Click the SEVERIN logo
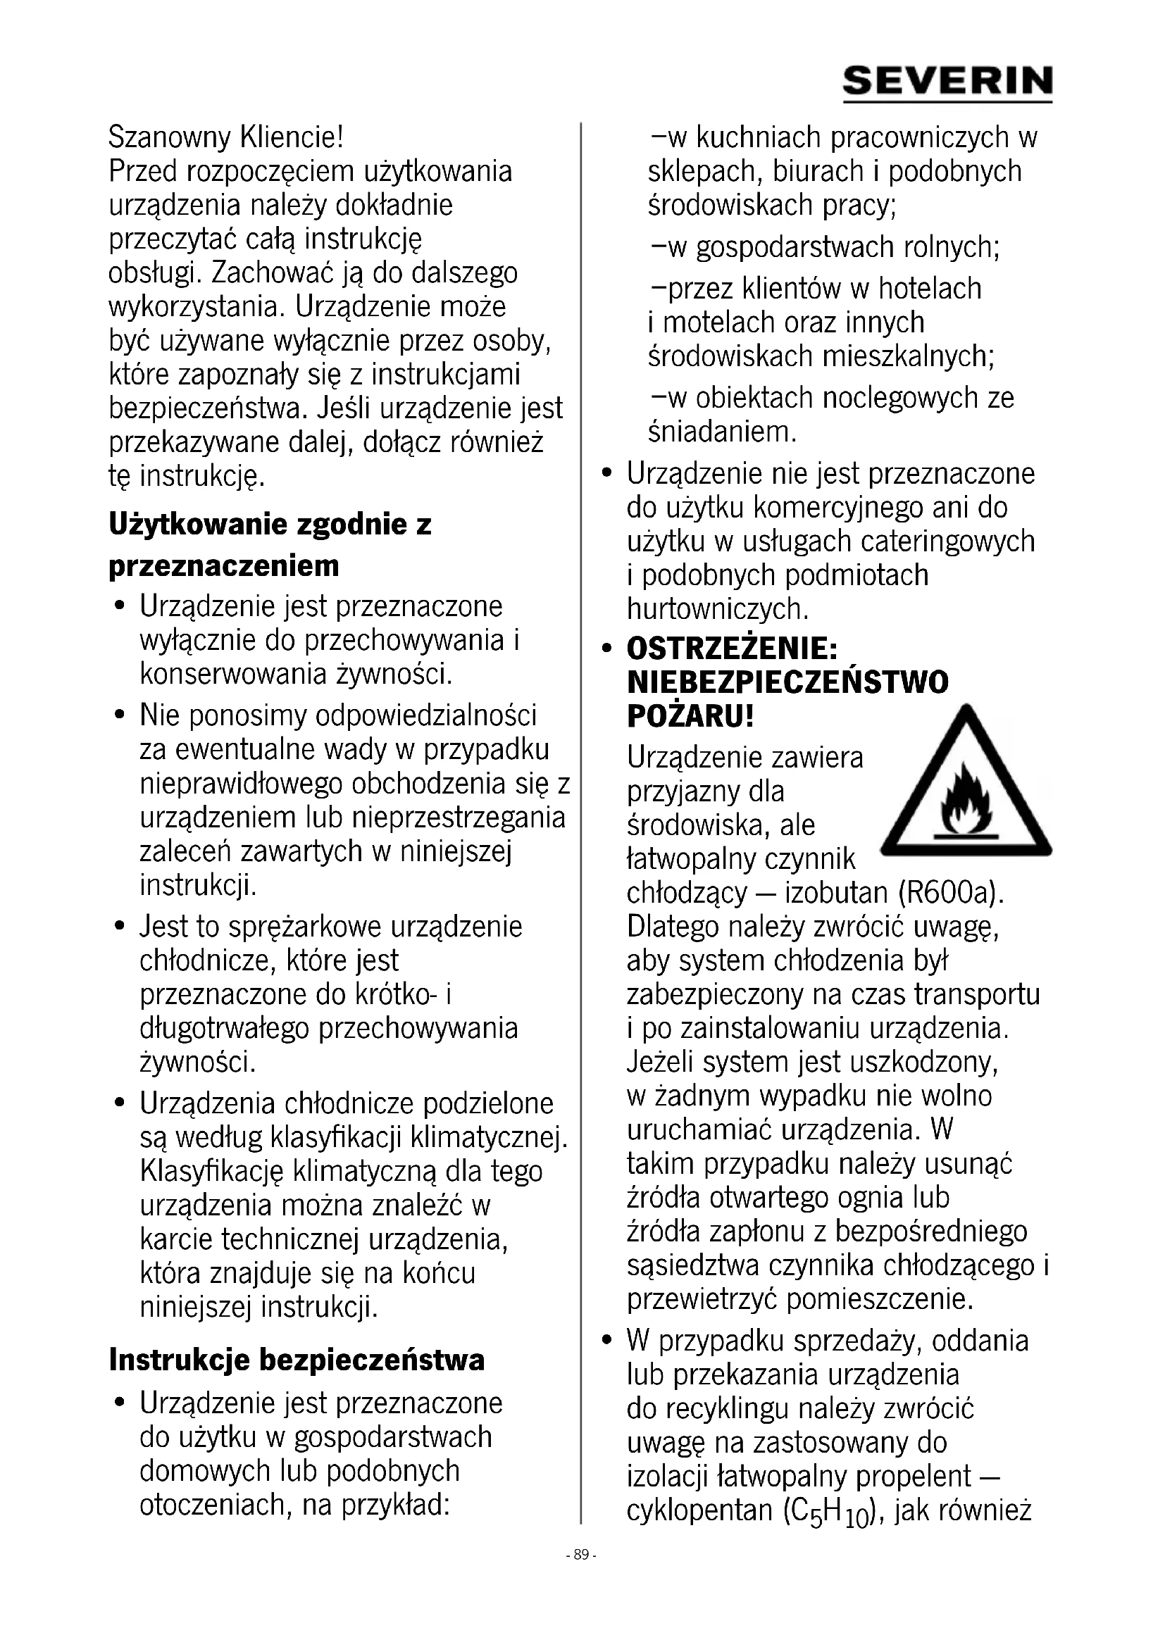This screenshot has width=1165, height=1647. click(947, 82)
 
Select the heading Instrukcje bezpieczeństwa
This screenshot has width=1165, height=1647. click(297, 1358)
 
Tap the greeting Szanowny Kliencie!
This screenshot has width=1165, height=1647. click(226, 137)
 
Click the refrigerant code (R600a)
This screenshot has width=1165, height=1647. click(949, 893)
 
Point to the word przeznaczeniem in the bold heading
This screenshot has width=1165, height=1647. click(224, 566)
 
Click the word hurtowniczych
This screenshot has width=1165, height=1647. click(717, 608)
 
